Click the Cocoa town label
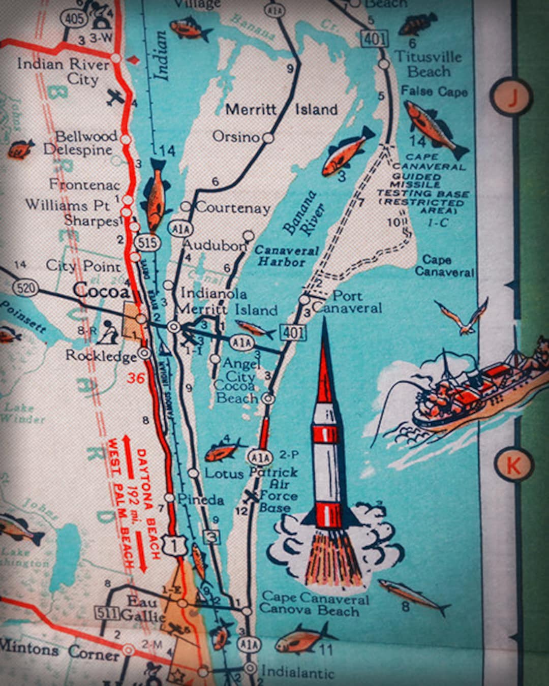[x=101, y=291]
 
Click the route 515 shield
[x=147, y=243]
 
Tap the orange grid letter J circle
[x=511, y=97]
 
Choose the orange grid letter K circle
[x=513, y=465]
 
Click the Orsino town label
[x=236, y=136]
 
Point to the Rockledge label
[x=101, y=355]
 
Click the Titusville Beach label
[x=428, y=64]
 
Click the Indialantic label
[x=298, y=673]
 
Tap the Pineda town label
[x=201, y=500]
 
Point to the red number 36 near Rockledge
[x=136, y=378]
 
